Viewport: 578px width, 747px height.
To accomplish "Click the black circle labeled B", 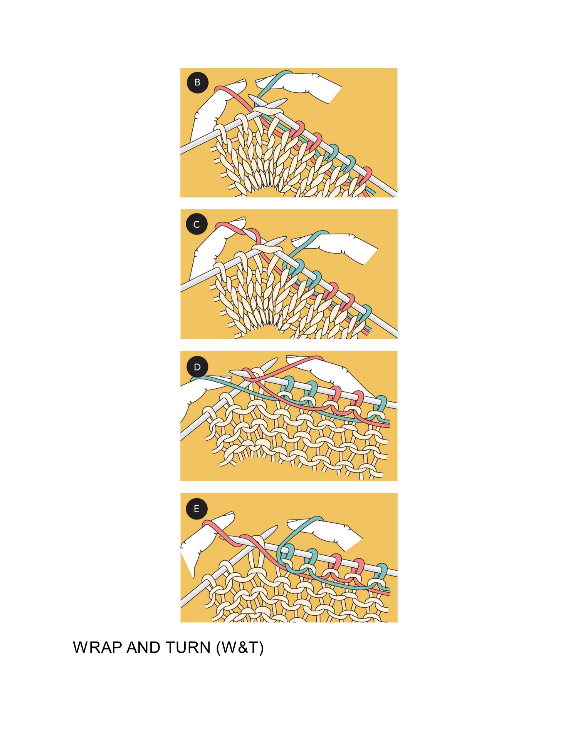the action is pyautogui.click(x=197, y=82).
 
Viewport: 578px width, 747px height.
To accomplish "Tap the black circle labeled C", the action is pyautogui.click(x=197, y=224).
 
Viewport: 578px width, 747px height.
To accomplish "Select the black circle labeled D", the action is pyautogui.click(x=197, y=367).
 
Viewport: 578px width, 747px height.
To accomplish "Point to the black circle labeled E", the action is pyautogui.click(x=197, y=508).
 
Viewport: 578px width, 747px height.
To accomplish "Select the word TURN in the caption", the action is pyautogui.click(x=188, y=648).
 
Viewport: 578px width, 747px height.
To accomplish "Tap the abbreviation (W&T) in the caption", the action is pyautogui.click(x=240, y=648).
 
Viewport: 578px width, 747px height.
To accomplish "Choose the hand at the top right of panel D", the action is pyautogui.click(x=339, y=375).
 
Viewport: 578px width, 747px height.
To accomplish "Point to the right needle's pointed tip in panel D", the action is pyautogui.click(x=276, y=359).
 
